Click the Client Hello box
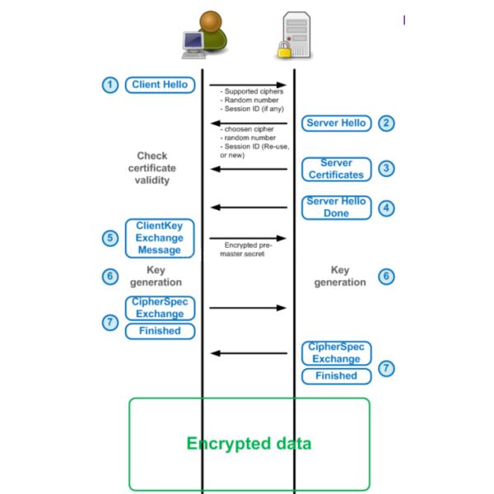(160, 84)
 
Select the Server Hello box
(336, 123)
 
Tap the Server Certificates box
(336, 169)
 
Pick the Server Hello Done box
(336, 207)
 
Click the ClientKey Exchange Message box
(160, 237)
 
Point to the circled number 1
(110, 85)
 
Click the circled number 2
(384, 123)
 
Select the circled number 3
(384, 169)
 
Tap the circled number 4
(384, 207)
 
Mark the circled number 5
(110, 238)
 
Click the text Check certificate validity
(151, 167)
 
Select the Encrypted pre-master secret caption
(247, 249)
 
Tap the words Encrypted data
(249, 444)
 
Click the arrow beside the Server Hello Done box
(249, 207)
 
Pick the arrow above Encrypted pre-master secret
(248, 238)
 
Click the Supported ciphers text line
(252, 92)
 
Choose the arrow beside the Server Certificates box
(249, 170)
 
